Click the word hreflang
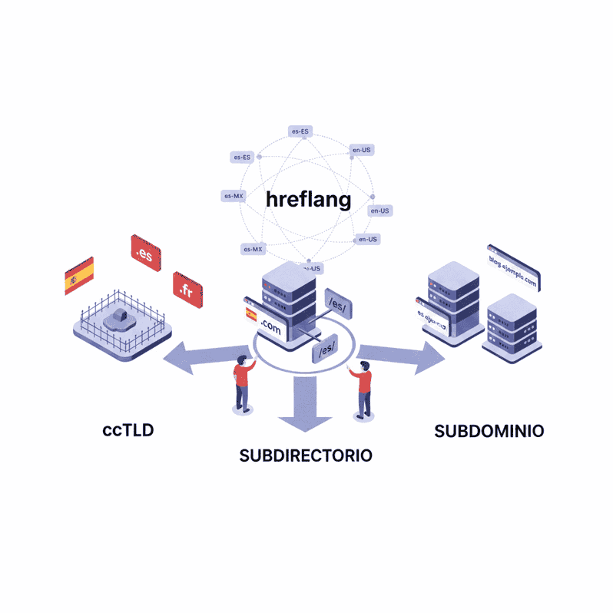point(308,200)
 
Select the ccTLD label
point(128,430)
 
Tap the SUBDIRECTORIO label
point(306,456)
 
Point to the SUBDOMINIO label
point(489,431)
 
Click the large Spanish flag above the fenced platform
point(79,276)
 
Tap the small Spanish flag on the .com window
point(250,314)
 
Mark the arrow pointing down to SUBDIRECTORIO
point(305,405)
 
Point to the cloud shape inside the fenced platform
point(121,318)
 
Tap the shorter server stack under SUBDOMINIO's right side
point(510,326)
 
